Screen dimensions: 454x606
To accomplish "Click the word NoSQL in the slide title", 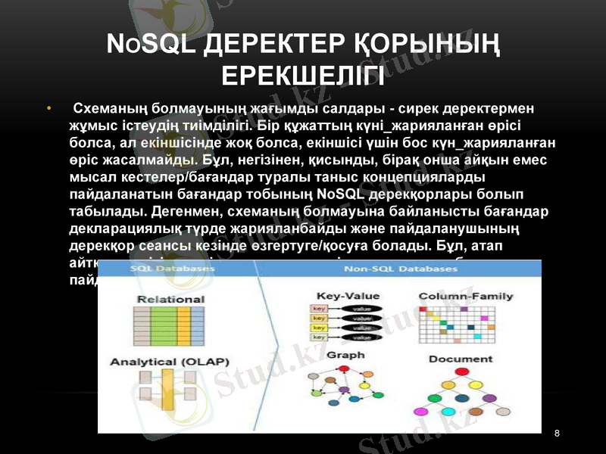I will tap(146, 48).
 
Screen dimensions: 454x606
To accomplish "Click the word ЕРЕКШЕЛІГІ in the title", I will tap(303, 76).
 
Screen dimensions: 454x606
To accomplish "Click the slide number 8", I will tap(558, 433).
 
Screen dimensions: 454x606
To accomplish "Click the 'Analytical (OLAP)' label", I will tap(170, 361).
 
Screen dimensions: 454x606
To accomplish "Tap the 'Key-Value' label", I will tap(348, 296).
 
